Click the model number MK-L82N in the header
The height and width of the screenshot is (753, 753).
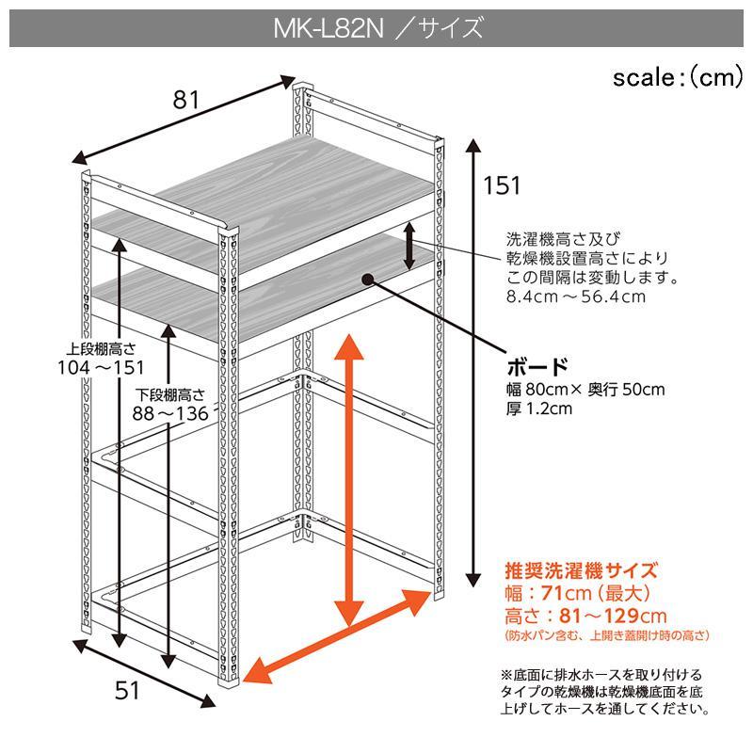328,28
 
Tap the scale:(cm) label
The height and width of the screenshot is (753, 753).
678,77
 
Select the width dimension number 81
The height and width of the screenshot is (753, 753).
185,100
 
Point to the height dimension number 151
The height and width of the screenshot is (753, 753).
502,185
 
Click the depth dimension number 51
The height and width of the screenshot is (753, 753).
127,691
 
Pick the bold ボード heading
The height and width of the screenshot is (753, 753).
537,367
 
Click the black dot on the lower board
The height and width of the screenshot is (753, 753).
367,280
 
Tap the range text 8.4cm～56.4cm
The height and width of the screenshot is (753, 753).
576,296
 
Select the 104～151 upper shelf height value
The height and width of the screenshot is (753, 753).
101,368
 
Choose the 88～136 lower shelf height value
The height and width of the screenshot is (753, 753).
170,413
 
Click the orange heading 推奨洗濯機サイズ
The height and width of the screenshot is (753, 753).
581,571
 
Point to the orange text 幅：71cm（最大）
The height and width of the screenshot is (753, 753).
577,594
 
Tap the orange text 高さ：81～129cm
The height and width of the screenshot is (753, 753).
585,616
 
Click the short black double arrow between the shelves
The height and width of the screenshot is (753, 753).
409,246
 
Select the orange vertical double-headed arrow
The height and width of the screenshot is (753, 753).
349,480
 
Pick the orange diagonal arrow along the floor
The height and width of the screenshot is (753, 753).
337,637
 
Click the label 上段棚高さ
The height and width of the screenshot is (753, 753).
101,349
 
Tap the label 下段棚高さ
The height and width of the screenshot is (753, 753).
170,395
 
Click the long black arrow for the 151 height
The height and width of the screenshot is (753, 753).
474,363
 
